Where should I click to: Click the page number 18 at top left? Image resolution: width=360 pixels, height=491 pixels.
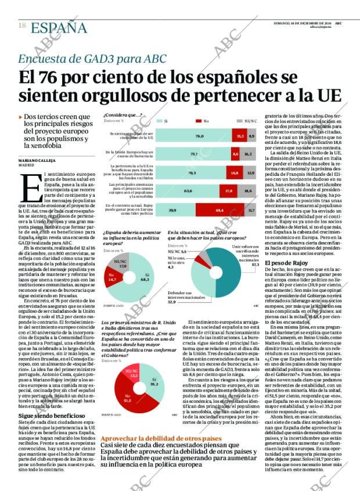pos(21,26)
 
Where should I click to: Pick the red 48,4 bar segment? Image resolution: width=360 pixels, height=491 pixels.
pos(219,210)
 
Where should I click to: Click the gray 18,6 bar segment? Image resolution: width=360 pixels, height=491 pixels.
pos(249,190)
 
